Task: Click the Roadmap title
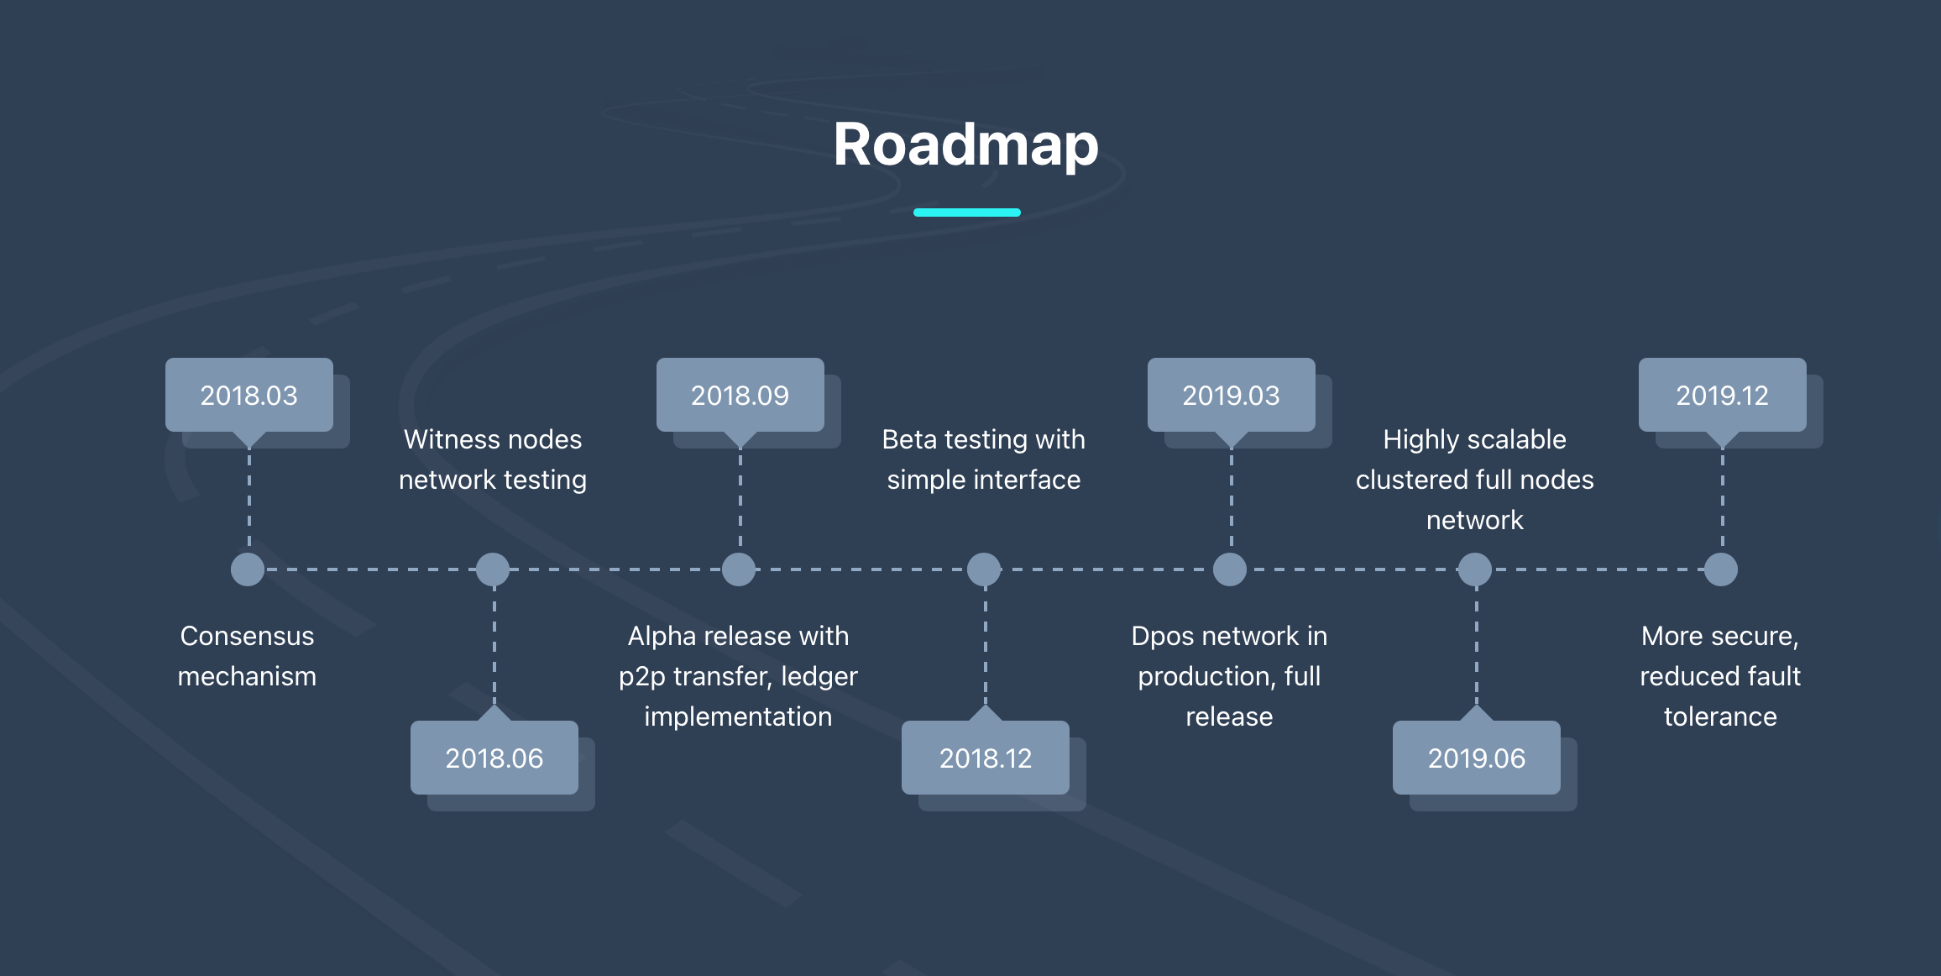966,144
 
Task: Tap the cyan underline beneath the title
966,213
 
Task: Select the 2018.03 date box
249,395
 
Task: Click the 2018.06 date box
494,758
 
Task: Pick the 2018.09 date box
740,395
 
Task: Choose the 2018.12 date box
986,758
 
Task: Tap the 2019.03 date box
1232,395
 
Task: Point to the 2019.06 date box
1477,758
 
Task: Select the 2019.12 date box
1723,395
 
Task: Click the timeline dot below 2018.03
248,569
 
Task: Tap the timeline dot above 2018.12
984,569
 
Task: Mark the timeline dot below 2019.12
1721,569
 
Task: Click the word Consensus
247,636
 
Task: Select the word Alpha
662,637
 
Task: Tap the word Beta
909,439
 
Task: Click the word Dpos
1164,637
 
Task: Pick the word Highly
1420,440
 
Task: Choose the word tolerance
1720,716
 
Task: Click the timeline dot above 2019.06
1475,569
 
